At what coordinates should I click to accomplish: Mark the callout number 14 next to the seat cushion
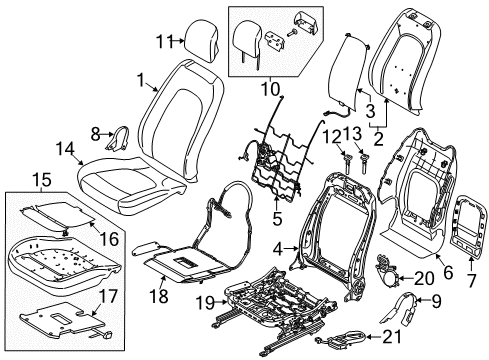[65, 150]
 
